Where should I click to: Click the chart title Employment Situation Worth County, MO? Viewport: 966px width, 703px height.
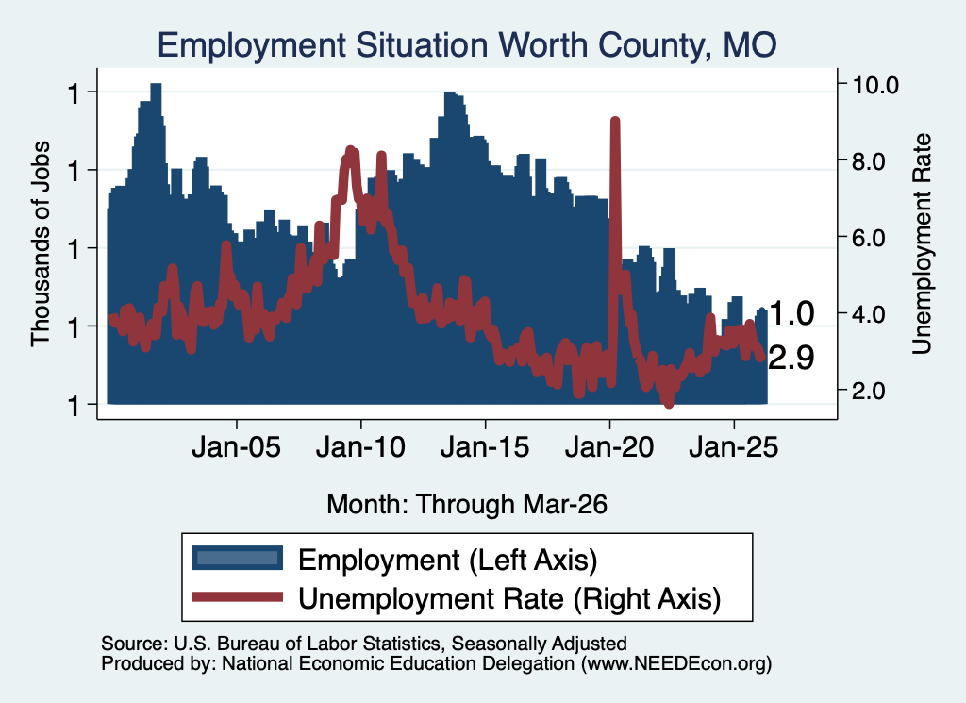(x=467, y=45)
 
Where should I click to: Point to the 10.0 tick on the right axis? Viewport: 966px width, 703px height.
(x=875, y=85)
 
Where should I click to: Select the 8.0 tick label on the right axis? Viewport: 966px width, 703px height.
(x=869, y=161)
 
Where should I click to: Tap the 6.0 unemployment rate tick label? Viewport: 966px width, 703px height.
(x=869, y=238)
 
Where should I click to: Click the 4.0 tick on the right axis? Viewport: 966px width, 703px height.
(x=869, y=314)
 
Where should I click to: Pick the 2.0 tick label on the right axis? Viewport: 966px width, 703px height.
(x=869, y=391)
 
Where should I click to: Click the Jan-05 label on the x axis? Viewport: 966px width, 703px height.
(x=237, y=446)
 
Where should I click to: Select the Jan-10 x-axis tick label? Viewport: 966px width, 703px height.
(x=361, y=446)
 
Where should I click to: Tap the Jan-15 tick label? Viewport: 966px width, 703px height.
(x=485, y=446)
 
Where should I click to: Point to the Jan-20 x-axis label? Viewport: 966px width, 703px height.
(x=609, y=446)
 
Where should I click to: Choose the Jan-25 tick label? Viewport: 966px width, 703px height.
(x=734, y=446)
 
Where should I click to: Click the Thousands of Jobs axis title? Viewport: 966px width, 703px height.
(x=40, y=244)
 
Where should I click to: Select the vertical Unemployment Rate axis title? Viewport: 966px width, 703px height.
(x=921, y=244)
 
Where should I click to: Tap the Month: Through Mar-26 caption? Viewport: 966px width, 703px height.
(x=467, y=504)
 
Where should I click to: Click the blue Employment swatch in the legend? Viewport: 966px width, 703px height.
(x=237, y=559)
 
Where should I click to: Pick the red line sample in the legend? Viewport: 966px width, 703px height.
(x=237, y=597)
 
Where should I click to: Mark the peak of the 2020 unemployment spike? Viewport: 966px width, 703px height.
(x=614, y=120)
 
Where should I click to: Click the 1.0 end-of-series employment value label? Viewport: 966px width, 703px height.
(x=791, y=313)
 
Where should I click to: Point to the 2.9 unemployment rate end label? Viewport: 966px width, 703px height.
(x=791, y=358)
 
